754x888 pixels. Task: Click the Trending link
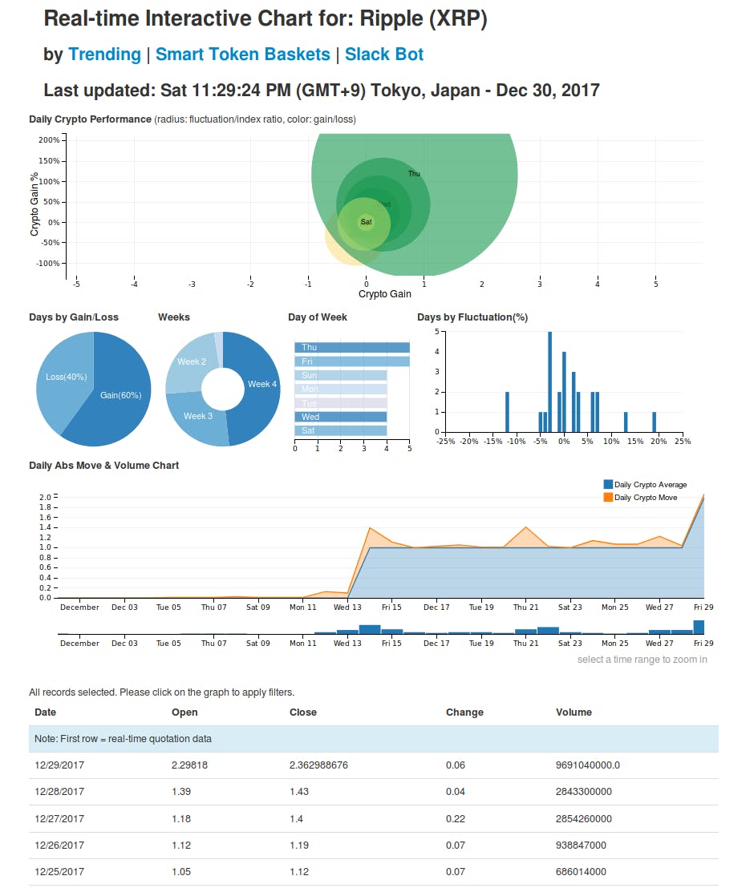coord(104,54)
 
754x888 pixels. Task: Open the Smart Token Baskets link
coord(242,54)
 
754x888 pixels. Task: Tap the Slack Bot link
coord(384,54)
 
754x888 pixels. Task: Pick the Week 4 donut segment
coord(261,385)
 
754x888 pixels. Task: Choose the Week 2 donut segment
coord(192,362)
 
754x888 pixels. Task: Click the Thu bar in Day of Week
coord(352,347)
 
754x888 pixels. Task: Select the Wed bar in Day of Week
coord(341,417)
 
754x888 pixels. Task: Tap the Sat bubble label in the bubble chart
coord(366,222)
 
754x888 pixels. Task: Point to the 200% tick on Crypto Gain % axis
coord(49,140)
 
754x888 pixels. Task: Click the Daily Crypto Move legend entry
coord(645,498)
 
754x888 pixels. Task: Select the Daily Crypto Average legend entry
coord(650,485)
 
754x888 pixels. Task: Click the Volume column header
coord(574,712)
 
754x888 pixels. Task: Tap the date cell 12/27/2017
coord(59,818)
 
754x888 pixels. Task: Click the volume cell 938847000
coord(581,845)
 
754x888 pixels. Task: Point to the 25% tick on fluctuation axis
coord(682,442)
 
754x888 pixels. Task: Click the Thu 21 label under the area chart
coord(525,607)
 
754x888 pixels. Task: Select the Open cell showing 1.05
coord(181,872)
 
